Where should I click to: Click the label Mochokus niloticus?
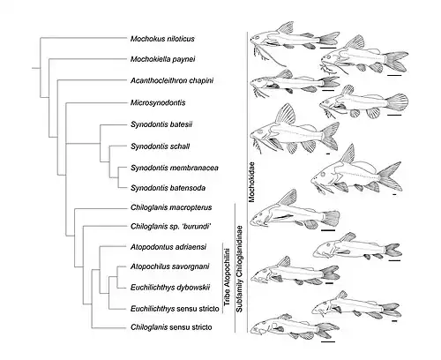pos(162,39)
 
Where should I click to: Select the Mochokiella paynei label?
pos(162,59)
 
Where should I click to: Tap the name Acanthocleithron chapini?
pos(172,80)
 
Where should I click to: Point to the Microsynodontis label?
pos(158,102)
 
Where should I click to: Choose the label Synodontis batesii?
pos(161,124)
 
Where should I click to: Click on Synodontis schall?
pos(160,146)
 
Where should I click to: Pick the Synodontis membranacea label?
pos(175,168)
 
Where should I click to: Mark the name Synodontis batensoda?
pos(168,188)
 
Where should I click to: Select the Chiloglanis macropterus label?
pos(171,207)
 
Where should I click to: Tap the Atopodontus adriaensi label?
pos(168,247)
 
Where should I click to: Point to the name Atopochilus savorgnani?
pos(170,266)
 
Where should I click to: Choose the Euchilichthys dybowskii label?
pos(170,288)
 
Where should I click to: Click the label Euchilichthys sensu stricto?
pos(175,309)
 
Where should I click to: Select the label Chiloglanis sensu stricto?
pos(171,327)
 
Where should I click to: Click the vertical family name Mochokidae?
pos(251,182)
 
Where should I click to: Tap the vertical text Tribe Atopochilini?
pos(227,277)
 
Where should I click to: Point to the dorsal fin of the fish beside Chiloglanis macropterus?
pos(288,198)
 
